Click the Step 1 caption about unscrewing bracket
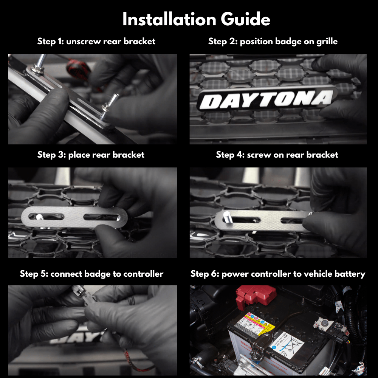click(96, 41)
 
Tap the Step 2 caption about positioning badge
click(273, 41)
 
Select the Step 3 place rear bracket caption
click(91, 155)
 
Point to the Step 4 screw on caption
click(277, 155)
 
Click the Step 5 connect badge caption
click(91, 274)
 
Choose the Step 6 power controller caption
click(278, 274)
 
